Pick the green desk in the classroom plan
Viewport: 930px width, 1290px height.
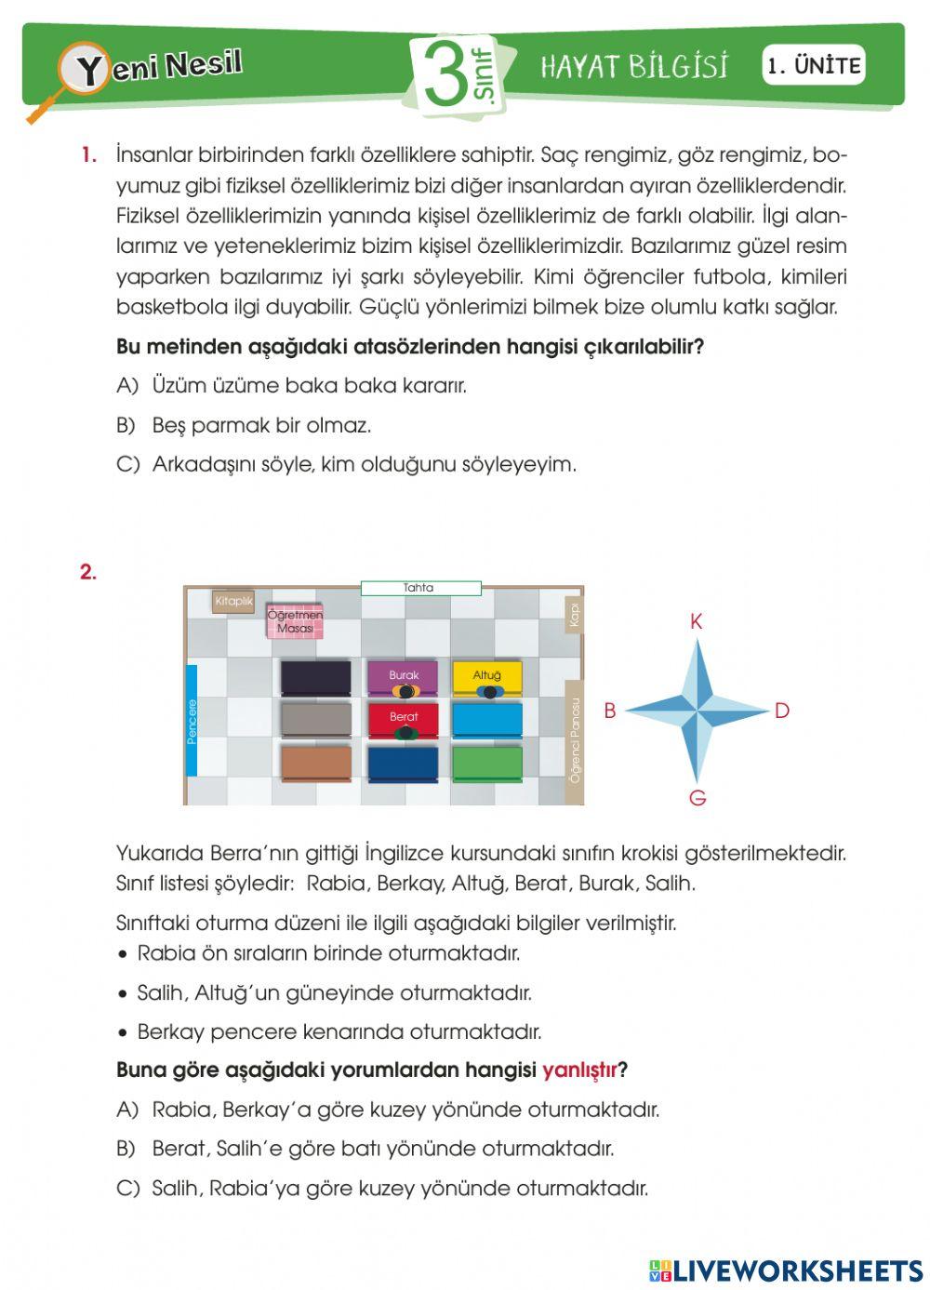486,764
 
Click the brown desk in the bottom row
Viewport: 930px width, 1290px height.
316,764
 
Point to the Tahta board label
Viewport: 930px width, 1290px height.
420,588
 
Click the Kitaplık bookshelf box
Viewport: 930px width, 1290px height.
233,602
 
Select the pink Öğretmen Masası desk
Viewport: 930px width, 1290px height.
295,622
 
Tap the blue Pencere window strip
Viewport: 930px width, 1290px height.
192,720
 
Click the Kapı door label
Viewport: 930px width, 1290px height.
575,615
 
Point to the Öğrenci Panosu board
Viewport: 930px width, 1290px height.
575,741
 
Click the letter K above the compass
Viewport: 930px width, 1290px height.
697,622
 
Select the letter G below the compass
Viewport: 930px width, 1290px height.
697,798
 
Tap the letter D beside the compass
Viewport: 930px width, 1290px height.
781,711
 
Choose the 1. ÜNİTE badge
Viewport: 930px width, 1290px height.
814,66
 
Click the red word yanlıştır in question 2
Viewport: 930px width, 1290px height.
579,1071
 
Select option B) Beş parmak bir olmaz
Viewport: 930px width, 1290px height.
244,426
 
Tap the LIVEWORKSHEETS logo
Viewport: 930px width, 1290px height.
786,1270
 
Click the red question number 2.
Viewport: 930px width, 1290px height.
88,573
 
